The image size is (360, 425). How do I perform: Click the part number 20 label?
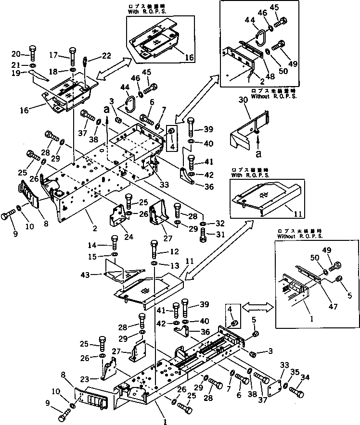click(15, 53)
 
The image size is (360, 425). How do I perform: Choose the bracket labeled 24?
click(117, 219)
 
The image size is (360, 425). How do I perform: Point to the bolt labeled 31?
click(203, 235)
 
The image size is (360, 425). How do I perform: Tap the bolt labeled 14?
click(115, 242)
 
